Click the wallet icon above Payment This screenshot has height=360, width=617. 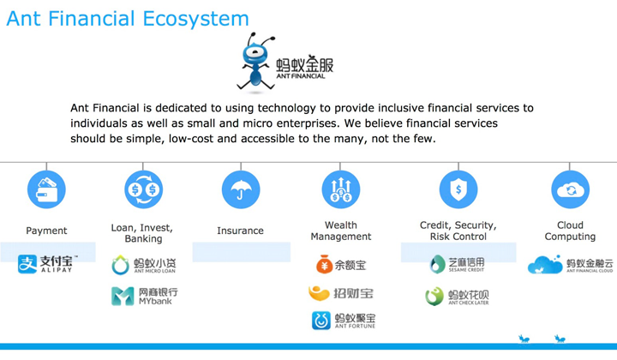46,189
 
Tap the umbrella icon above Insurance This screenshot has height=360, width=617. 241,189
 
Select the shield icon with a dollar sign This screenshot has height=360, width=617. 458,189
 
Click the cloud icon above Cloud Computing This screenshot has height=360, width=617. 570,189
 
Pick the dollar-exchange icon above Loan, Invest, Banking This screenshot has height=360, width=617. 143,189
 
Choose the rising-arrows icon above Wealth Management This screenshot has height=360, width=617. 341,189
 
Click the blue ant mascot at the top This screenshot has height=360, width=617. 255,62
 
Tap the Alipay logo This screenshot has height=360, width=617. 48,264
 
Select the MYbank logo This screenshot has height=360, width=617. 145,297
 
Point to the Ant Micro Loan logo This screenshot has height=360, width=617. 144,265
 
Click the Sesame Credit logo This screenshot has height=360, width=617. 458,264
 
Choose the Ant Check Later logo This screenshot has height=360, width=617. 457,297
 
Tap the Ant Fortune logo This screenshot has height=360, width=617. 344,321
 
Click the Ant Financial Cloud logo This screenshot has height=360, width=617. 570,264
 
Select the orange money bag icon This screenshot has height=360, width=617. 324,264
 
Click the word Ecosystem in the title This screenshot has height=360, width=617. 195,19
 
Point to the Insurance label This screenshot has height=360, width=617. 240,231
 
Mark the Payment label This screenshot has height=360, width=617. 46,231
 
